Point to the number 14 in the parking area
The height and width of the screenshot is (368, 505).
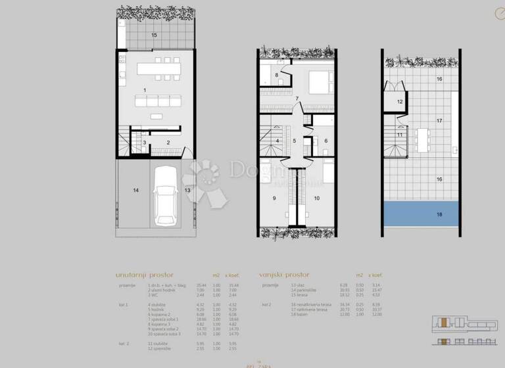click(135, 191)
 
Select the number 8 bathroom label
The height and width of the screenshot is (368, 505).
click(277, 76)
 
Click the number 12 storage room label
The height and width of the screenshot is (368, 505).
click(399, 102)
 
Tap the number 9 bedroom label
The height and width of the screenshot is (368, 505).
click(274, 197)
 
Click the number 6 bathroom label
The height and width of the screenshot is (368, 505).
click(325, 141)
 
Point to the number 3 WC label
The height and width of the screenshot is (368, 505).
click(145, 142)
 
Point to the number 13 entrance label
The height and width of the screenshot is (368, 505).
click(187, 191)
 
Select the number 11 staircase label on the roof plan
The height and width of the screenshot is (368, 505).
click(400, 135)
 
